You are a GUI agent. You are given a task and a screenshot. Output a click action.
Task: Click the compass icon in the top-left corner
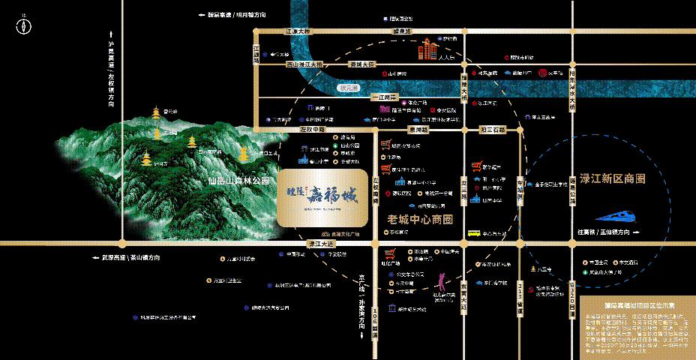point(23,25)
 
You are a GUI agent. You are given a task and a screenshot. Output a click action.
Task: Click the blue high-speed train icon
point(627,215)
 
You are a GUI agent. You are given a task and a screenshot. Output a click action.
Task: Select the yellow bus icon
point(473,233)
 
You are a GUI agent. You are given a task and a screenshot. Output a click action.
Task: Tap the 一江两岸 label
point(383,97)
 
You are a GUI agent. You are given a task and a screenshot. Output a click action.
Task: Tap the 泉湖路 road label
point(418,129)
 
